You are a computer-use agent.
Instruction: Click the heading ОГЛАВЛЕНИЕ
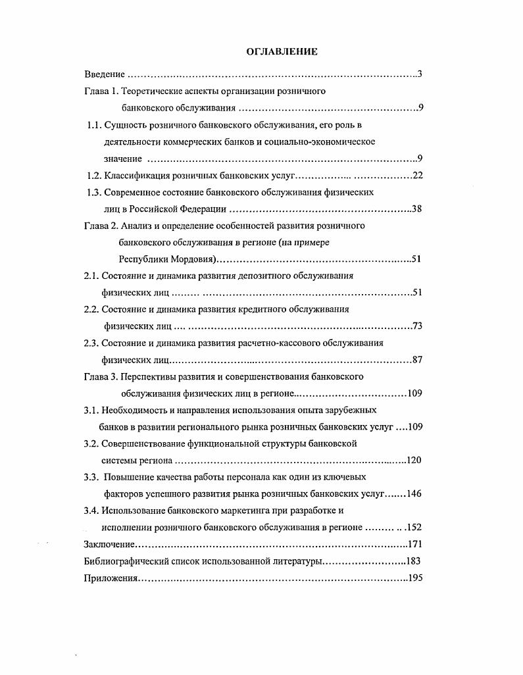click(282, 51)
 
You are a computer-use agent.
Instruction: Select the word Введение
click(105, 74)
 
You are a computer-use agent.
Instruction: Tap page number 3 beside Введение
click(419, 74)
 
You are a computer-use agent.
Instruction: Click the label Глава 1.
click(102, 91)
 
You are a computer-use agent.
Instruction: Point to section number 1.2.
click(95, 176)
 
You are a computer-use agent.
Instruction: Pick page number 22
click(416, 176)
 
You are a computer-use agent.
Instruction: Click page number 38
click(416, 209)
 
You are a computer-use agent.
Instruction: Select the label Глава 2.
click(102, 226)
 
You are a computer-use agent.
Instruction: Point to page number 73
click(416, 326)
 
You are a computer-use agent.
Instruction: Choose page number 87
click(416, 360)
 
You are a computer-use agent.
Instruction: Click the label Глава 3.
click(102, 376)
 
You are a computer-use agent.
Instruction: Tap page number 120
click(414, 461)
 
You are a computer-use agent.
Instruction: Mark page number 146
click(414, 494)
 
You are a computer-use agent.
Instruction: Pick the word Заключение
click(110, 544)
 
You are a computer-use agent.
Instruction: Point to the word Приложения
click(111, 578)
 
